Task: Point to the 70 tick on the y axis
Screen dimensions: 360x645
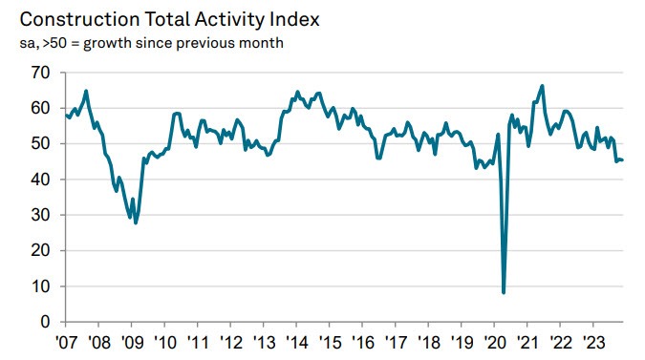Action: click(x=41, y=73)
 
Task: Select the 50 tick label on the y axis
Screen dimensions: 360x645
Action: click(x=41, y=144)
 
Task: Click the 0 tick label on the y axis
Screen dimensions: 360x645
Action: click(x=45, y=323)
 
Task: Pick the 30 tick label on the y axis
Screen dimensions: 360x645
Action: click(x=41, y=216)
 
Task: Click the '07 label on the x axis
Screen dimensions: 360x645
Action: click(x=66, y=343)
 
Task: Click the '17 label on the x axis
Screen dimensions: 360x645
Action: click(x=397, y=343)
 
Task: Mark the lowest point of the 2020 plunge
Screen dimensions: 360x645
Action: click(x=504, y=292)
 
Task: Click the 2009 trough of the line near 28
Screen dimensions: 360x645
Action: click(x=136, y=222)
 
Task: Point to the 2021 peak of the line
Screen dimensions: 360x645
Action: click(x=543, y=86)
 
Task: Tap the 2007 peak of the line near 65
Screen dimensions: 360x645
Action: click(x=87, y=91)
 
